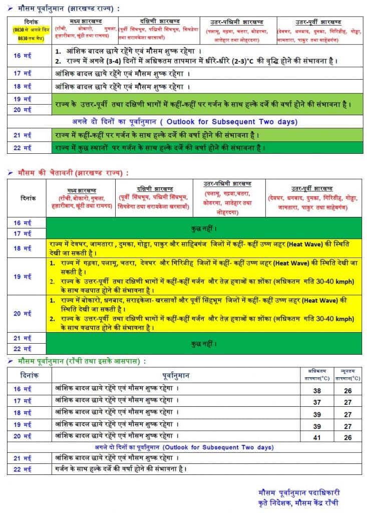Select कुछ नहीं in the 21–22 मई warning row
pos(204,344)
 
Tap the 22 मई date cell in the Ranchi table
pos(23,469)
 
